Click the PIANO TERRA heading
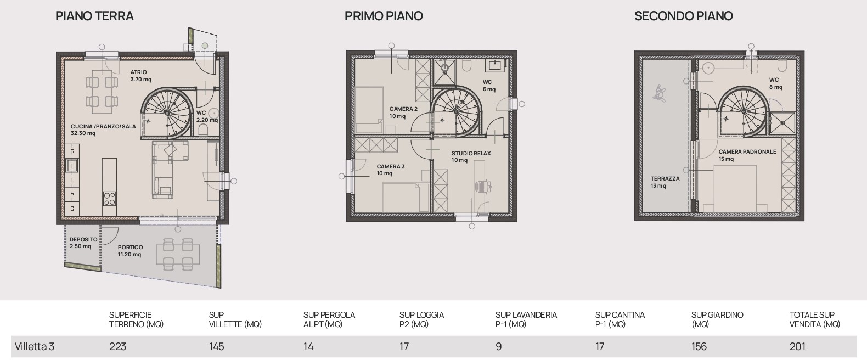(94, 16)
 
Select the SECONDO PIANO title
(684, 16)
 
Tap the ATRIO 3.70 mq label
(141, 76)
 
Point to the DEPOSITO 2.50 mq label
(83, 243)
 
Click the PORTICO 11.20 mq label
(131, 251)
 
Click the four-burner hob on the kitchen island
(109, 199)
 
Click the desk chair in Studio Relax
(483, 187)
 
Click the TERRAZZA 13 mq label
(665, 182)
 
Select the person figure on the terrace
(659, 93)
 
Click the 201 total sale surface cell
(797, 346)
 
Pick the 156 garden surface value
(699, 346)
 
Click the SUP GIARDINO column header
(717, 319)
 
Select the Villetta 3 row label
(35, 346)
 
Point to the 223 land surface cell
(117, 346)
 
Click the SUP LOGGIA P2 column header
(421, 319)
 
